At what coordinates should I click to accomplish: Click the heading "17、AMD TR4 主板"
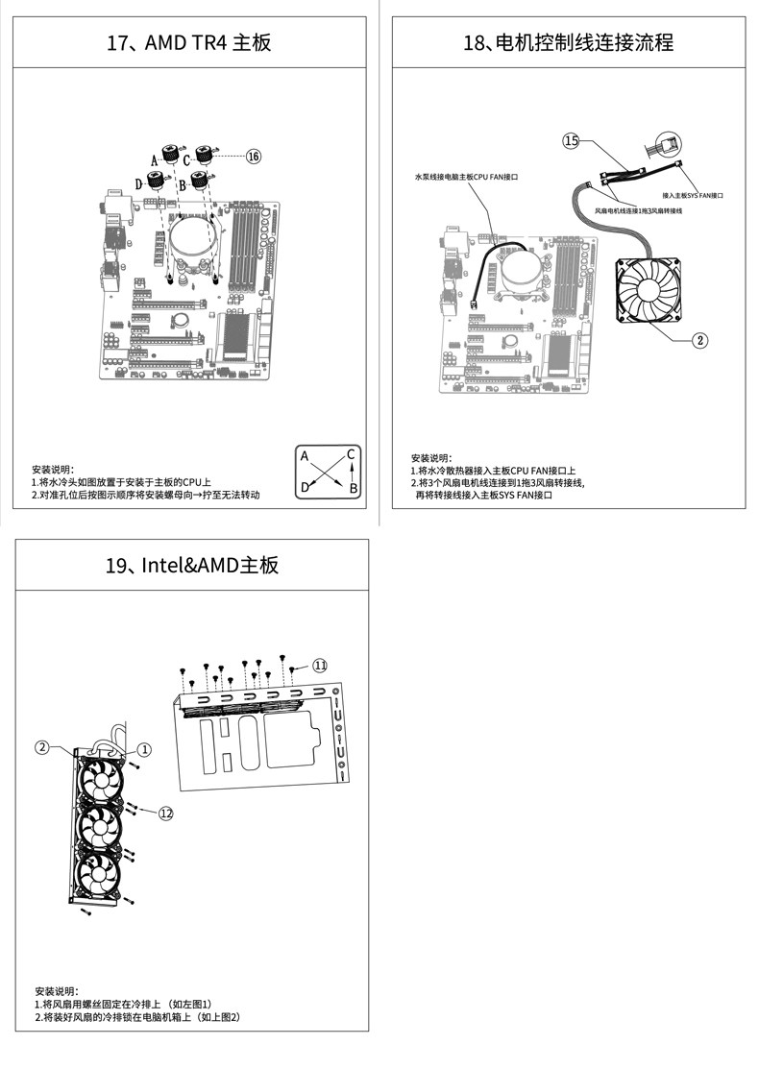(188, 43)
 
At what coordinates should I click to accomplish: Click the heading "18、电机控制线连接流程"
(569, 43)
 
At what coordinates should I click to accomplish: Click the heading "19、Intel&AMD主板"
(192, 565)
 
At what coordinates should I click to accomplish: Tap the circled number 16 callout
(253, 156)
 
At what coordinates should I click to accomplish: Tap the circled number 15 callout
(571, 141)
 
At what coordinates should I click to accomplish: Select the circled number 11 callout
(320, 665)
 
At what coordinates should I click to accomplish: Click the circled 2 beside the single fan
(700, 340)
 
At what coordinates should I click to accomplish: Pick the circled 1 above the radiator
(144, 748)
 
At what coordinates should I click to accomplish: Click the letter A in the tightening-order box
(305, 456)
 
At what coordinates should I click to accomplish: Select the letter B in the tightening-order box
(353, 489)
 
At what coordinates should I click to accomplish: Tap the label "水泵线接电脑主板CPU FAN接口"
(466, 177)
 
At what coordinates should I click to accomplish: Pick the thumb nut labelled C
(204, 154)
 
